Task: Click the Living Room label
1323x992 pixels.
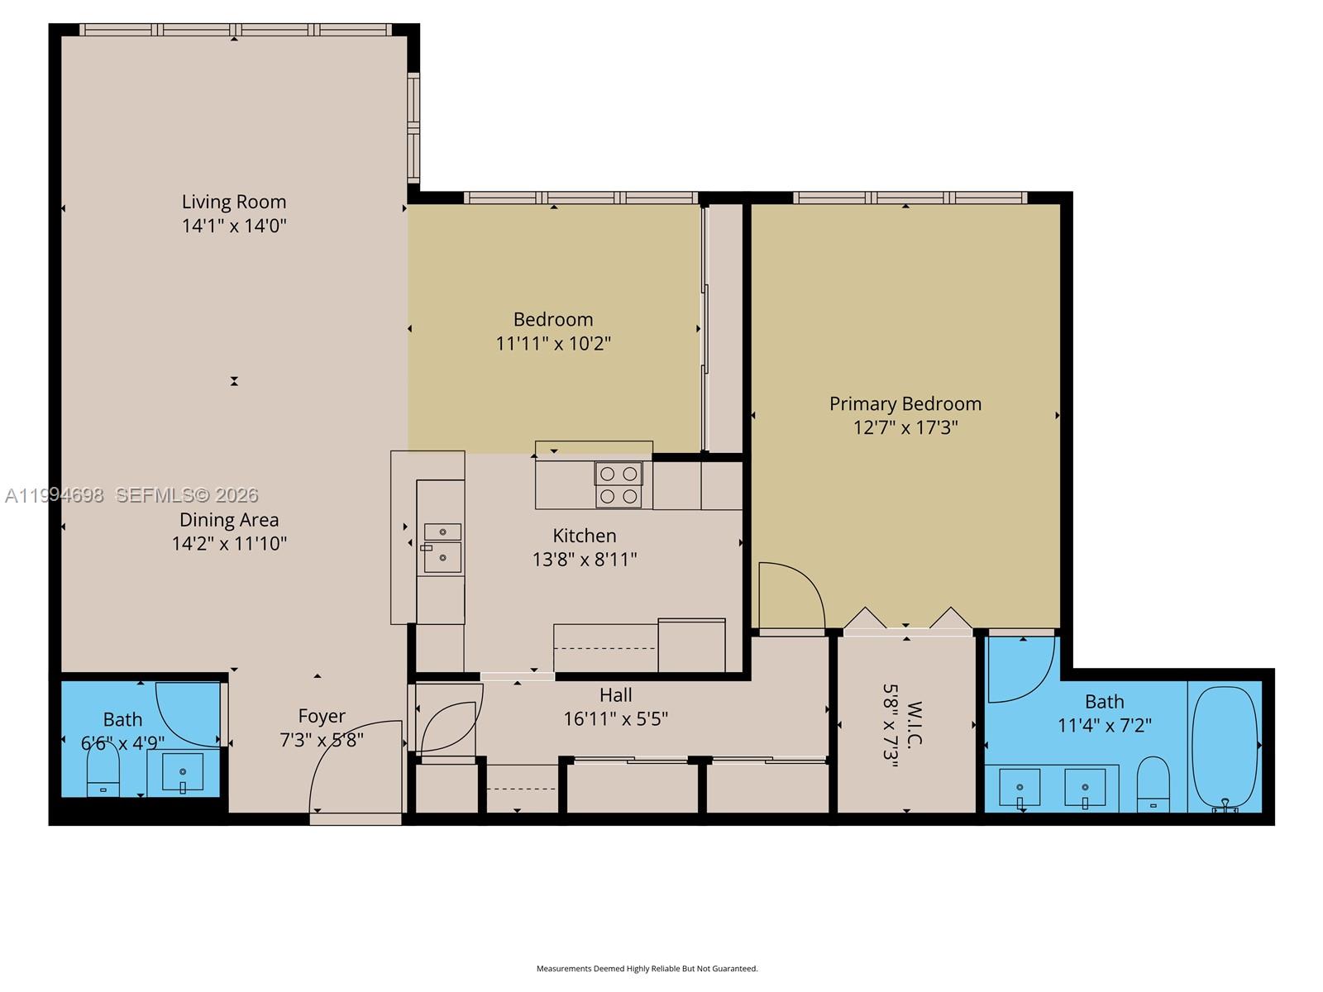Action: point(234,202)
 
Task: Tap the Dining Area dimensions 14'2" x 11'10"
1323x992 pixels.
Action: point(229,543)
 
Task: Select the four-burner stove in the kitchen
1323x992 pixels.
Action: point(619,485)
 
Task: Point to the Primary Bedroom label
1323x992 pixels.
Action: point(905,403)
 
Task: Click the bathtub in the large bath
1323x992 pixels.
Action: point(1225,746)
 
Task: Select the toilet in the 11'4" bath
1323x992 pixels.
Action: point(1153,785)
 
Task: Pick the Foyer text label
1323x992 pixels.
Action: point(322,716)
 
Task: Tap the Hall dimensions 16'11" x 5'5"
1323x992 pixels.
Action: point(615,719)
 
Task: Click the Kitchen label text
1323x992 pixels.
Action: point(585,536)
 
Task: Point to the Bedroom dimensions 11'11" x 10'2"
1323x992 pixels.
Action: point(553,343)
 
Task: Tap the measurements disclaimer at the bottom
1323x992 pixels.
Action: point(647,968)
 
